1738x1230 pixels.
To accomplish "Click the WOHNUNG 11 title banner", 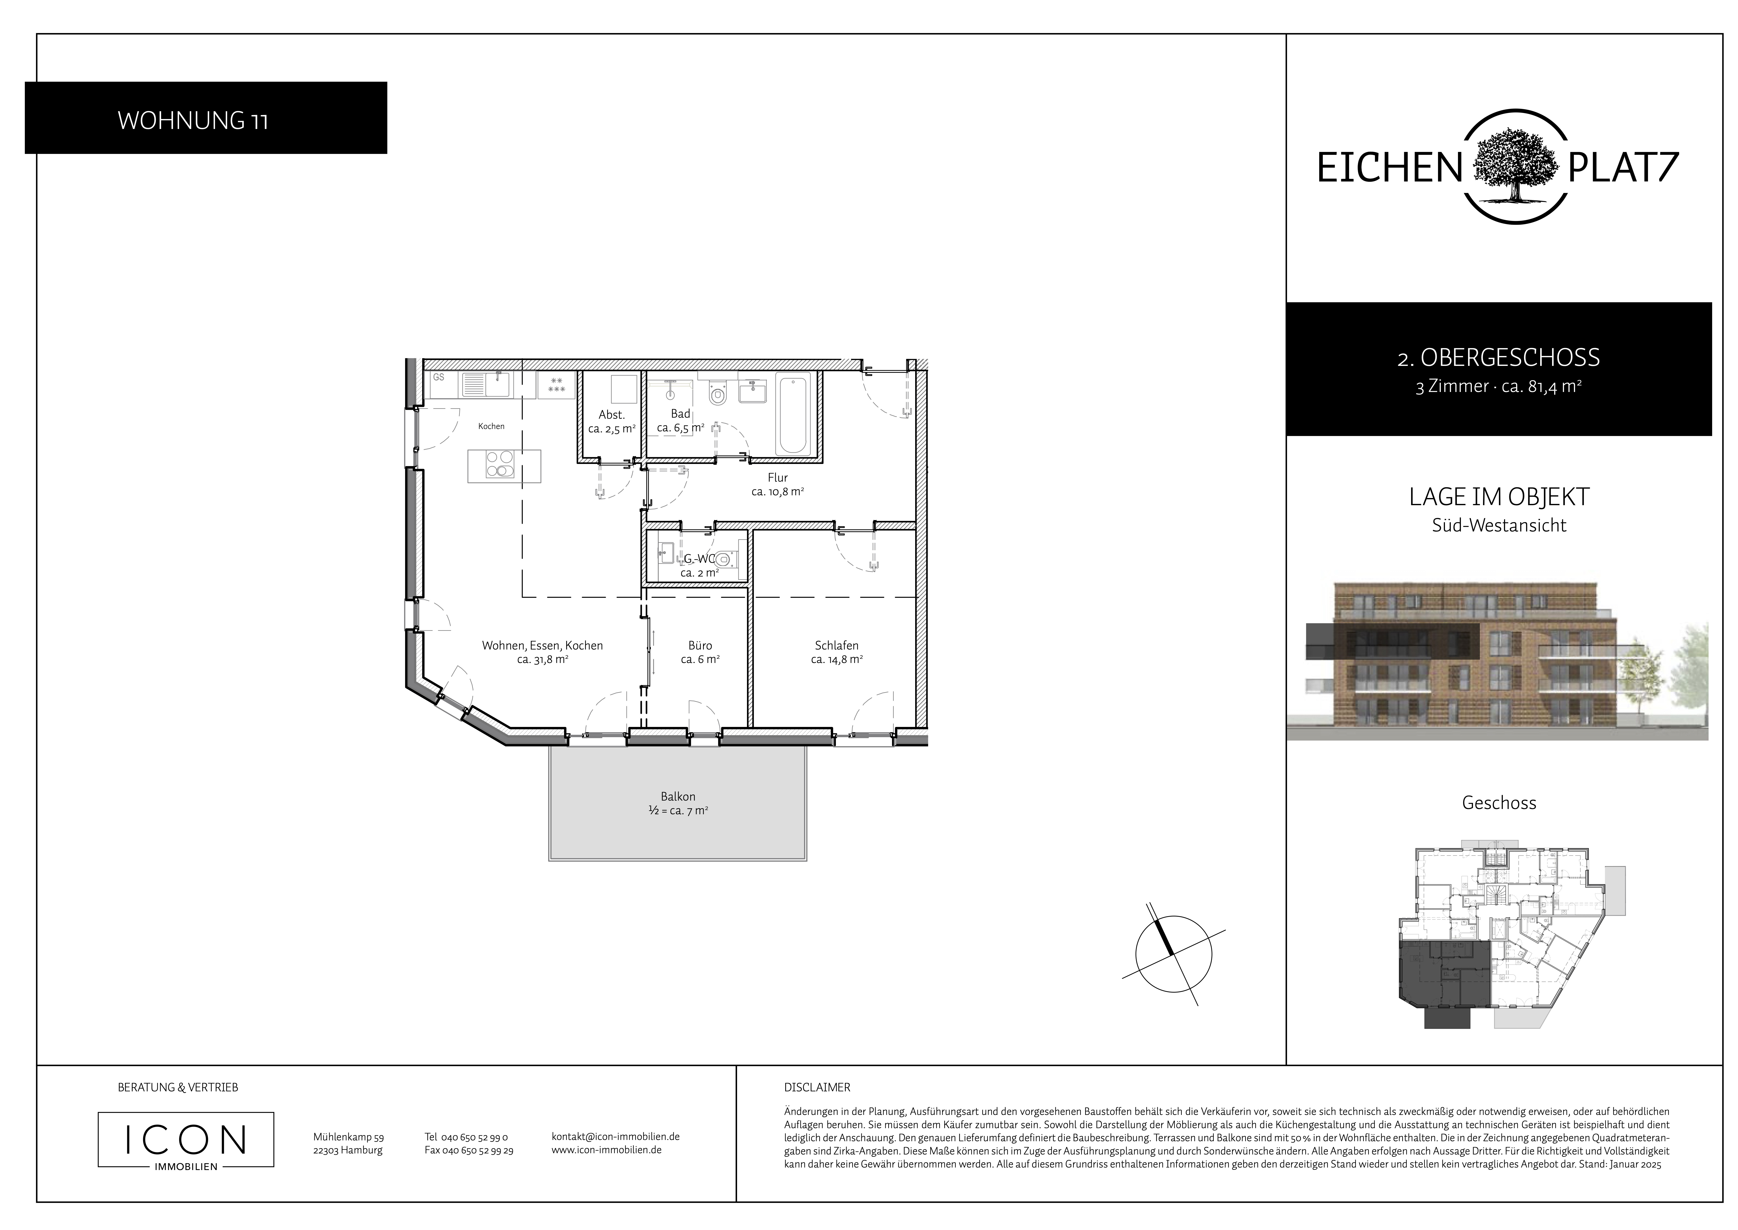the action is click(x=206, y=118).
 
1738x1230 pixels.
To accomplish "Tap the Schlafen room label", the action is click(x=837, y=645).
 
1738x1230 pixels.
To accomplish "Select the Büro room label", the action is click(x=700, y=645).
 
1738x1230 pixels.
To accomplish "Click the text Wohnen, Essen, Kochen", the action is click(x=543, y=645).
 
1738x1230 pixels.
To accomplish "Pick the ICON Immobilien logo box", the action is click(x=186, y=1139).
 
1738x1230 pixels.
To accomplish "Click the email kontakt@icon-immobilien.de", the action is click(x=615, y=1137).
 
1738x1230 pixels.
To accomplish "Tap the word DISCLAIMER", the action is click(x=818, y=1088).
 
